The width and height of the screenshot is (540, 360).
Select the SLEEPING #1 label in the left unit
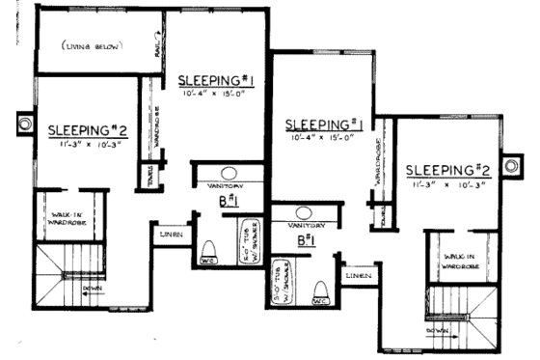click(x=214, y=79)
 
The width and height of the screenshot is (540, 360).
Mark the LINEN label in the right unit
click(x=358, y=276)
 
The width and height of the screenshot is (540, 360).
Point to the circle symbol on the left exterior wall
click(x=20, y=124)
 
